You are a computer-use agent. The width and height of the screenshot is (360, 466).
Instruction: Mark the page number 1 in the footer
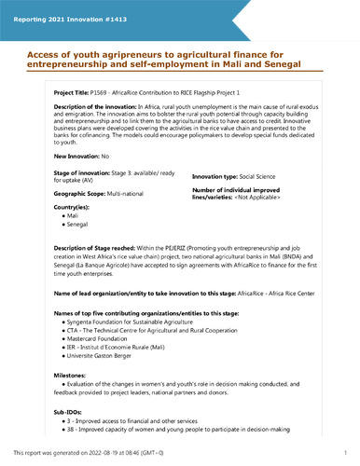pyautogui.click(x=344, y=453)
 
